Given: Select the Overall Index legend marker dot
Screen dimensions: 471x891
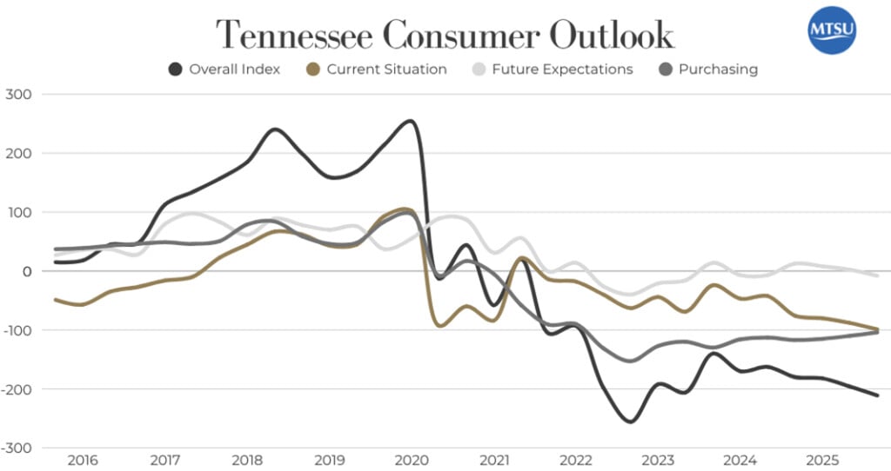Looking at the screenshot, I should point(175,69).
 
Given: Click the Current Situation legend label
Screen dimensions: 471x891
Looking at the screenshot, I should point(386,69).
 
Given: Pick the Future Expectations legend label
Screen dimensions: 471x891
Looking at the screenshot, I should point(562,69).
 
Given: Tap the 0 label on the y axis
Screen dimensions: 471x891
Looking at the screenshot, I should point(26,271).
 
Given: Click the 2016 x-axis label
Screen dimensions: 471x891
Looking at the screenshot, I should point(83,460).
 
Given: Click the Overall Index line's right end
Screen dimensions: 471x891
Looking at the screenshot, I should point(876,395).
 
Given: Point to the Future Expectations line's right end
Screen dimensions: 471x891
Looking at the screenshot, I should point(876,275).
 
